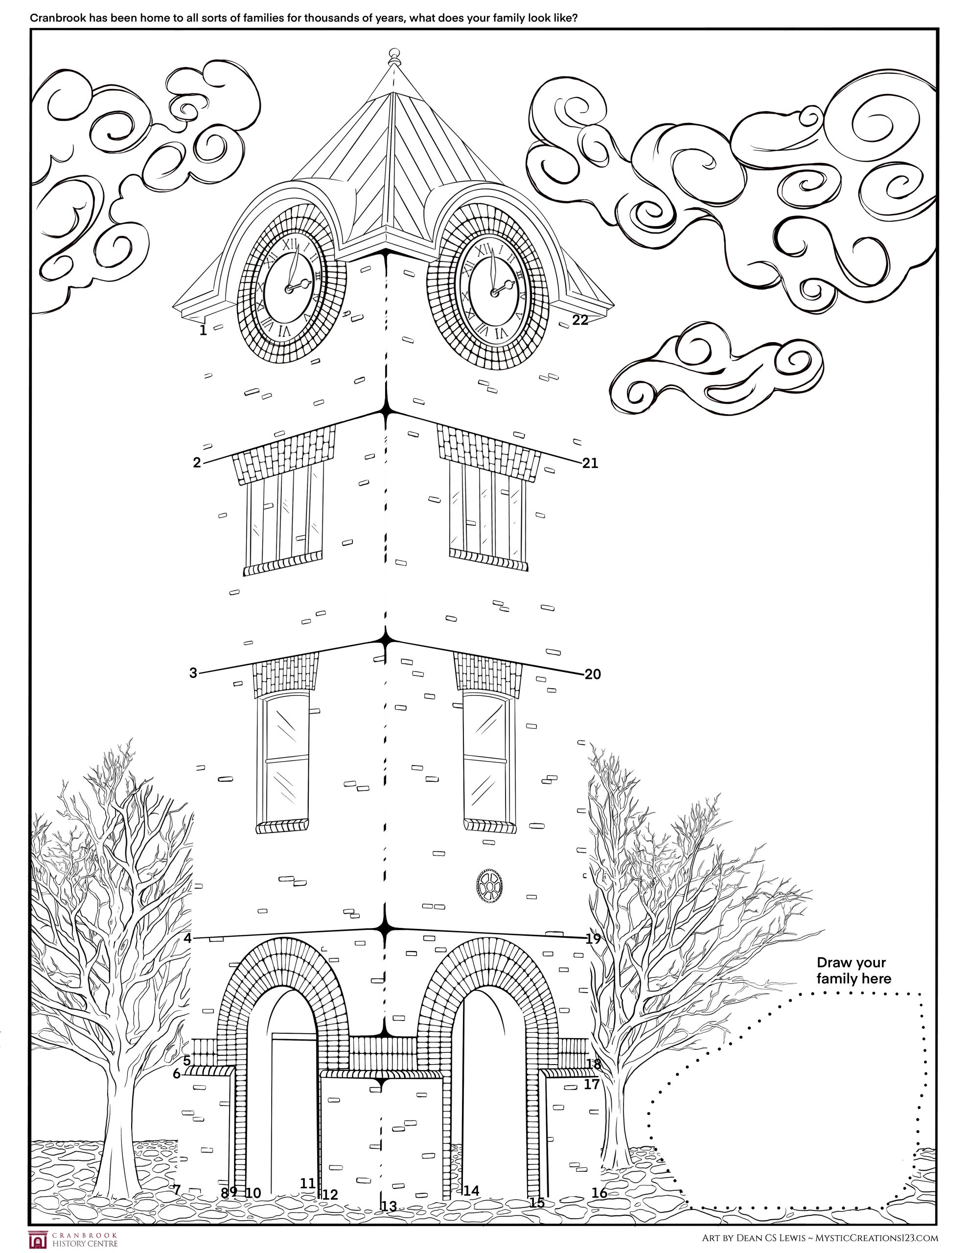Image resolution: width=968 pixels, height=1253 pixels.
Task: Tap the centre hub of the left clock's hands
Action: click(x=289, y=287)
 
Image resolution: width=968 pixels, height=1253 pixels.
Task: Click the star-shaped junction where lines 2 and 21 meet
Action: click(x=386, y=411)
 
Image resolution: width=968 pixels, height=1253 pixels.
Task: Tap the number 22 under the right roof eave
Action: click(x=580, y=320)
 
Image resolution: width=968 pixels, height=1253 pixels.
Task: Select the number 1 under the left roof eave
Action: click(x=203, y=330)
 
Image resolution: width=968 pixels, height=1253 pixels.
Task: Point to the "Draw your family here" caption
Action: click(x=854, y=971)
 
